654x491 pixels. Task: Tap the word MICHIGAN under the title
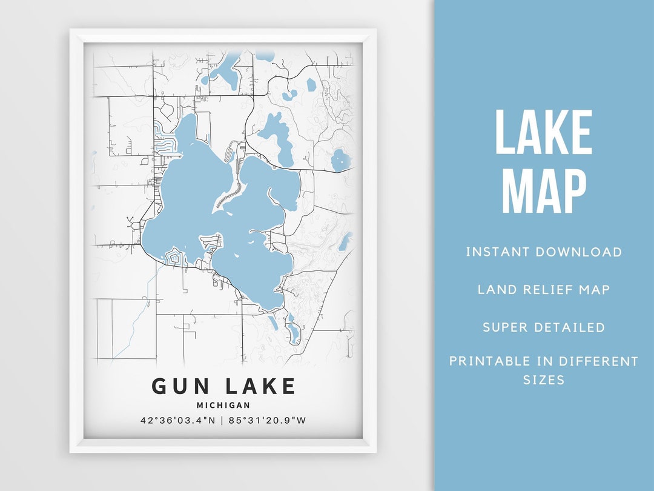click(223, 405)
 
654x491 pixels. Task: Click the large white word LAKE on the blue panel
click(543, 132)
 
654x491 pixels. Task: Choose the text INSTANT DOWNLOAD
click(543, 252)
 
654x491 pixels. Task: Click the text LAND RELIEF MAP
click(543, 289)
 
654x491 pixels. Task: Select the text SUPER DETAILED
click(543, 327)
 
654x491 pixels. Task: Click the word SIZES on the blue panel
click(543, 380)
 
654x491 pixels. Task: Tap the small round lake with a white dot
click(341, 160)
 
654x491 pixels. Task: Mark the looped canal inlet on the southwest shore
click(174, 257)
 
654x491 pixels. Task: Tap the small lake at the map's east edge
click(345, 242)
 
